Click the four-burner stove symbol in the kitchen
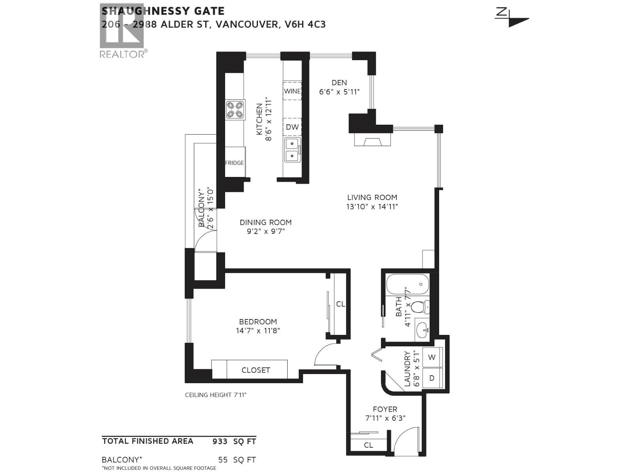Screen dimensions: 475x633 point(235,110)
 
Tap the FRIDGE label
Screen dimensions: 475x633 point(235,163)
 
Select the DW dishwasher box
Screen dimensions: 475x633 point(292,127)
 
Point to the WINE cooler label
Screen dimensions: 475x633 point(292,91)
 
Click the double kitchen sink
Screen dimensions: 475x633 point(292,150)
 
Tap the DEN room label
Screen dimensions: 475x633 point(339,83)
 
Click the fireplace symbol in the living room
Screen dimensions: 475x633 point(372,141)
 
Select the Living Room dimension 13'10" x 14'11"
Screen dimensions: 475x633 point(372,207)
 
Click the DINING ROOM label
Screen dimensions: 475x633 point(265,222)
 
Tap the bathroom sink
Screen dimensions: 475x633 point(423,329)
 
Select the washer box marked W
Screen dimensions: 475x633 point(432,357)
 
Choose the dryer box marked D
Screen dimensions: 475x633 point(432,378)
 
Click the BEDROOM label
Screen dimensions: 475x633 point(258,322)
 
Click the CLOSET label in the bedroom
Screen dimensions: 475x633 point(256,370)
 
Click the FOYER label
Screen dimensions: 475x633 point(385,409)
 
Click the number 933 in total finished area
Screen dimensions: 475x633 point(220,441)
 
